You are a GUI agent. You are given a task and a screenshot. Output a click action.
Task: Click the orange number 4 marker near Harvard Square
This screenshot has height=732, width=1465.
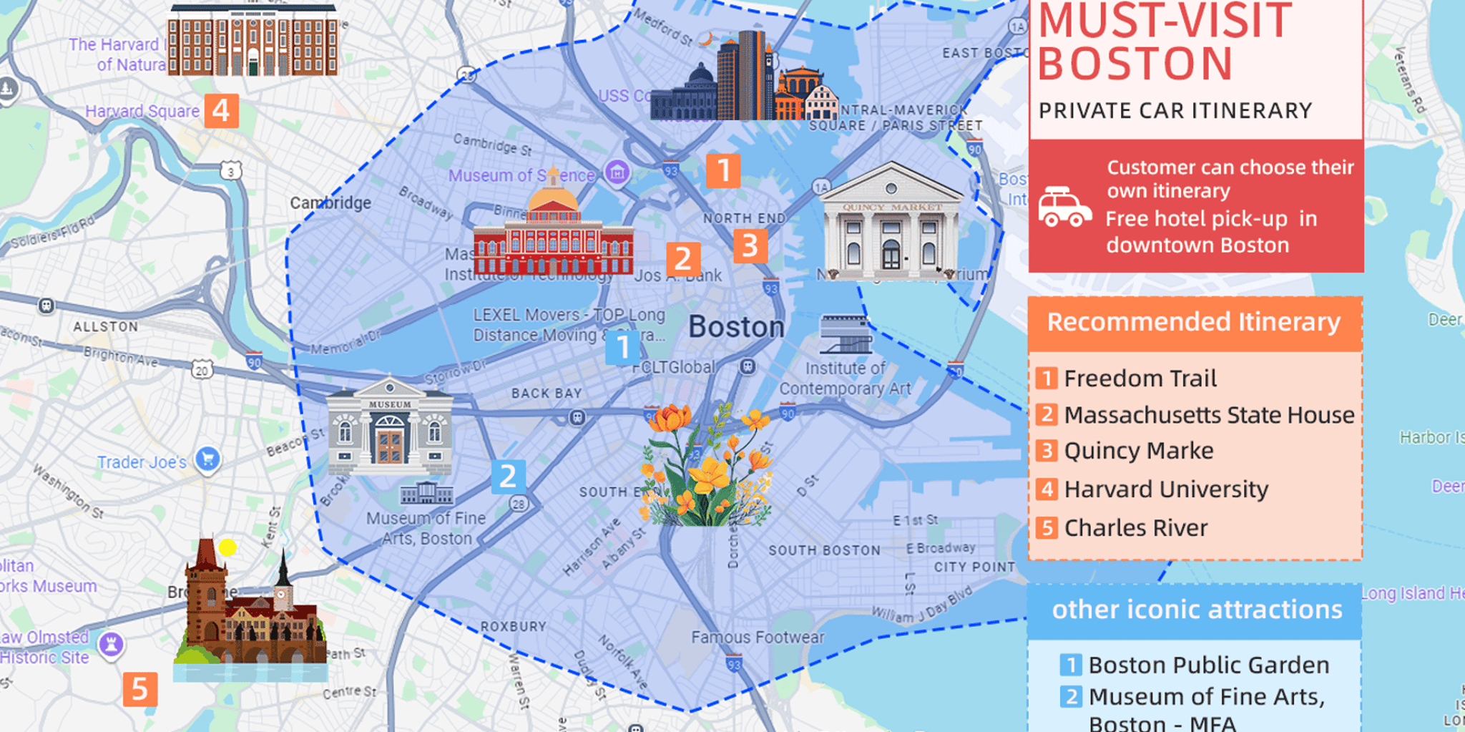click(221, 111)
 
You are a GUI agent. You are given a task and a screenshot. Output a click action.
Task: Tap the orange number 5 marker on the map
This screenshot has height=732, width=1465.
click(139, 689)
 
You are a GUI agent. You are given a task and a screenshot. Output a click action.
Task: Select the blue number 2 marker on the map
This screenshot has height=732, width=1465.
click(508, 477)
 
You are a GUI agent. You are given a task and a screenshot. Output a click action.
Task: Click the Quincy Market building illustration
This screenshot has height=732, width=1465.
click(891, 222)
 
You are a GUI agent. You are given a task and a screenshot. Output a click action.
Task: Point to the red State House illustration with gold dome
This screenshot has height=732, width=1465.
click(553, 233)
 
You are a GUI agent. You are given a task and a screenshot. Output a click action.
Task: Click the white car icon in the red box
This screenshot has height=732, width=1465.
click(1064, 207)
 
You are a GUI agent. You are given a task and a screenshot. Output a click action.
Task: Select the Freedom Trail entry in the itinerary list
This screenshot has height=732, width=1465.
click(1140, 379)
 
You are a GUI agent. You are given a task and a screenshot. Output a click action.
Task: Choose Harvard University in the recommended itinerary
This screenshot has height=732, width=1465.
click(1165, 489)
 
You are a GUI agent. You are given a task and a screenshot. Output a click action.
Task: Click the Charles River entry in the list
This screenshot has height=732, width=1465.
click(1135, 528)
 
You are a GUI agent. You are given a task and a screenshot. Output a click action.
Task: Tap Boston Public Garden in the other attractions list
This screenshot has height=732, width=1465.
click(1208, 665)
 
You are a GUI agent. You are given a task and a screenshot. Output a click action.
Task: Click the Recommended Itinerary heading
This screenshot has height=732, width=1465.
click(1194, 323)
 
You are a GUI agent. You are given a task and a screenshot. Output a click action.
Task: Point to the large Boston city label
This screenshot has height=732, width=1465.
click(736, 327)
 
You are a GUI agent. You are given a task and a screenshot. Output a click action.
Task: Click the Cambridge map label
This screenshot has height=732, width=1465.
click(330, 203)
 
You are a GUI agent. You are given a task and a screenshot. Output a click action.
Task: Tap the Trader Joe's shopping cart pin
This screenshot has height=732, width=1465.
click(207, 459)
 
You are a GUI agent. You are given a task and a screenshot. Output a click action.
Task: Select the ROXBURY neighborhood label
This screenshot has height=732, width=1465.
click(514, 627)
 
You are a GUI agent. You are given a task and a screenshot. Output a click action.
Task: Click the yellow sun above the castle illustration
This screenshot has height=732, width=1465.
click(227, 548)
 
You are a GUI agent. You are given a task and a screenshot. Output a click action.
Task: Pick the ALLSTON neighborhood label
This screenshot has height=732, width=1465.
click(106, 327)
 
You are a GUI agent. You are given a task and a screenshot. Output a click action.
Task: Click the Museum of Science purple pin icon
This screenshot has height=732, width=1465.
click(617, 172)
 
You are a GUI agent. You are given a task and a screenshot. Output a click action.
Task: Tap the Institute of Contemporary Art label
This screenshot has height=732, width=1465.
click(845, 379)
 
